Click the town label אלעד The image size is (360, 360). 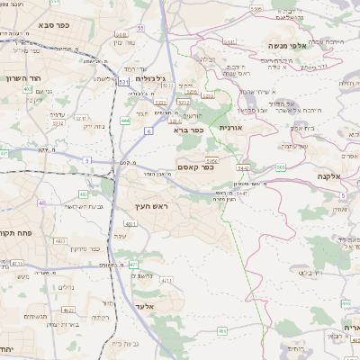(144, 308)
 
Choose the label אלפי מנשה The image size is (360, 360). (289, 44)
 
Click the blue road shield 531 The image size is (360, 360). (122, 82)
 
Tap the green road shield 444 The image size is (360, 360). (125, 120)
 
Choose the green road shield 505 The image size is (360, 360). (281, 167)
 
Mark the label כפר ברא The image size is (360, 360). (188, 130)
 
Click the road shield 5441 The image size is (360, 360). (229, 41)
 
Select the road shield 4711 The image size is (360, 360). (166, 280)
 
